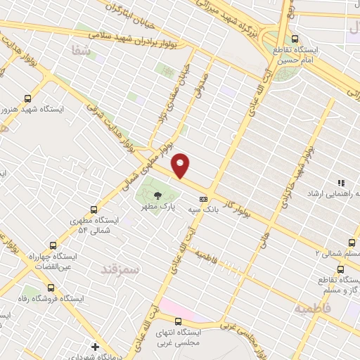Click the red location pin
pyautogui.click(x=181, y=165)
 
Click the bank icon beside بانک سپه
pyautogui.click(x=203, y=198)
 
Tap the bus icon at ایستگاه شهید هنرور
pyautogui.click(x=28, y=99)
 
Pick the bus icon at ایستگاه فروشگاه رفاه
pyautogui.click(x=51, y=287)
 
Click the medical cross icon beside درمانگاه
pyautogui.click(x=96, y=347)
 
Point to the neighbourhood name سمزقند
pyautogui.click(x=120, y=269)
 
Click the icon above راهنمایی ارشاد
pyautogui.click(x=341, y=183)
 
